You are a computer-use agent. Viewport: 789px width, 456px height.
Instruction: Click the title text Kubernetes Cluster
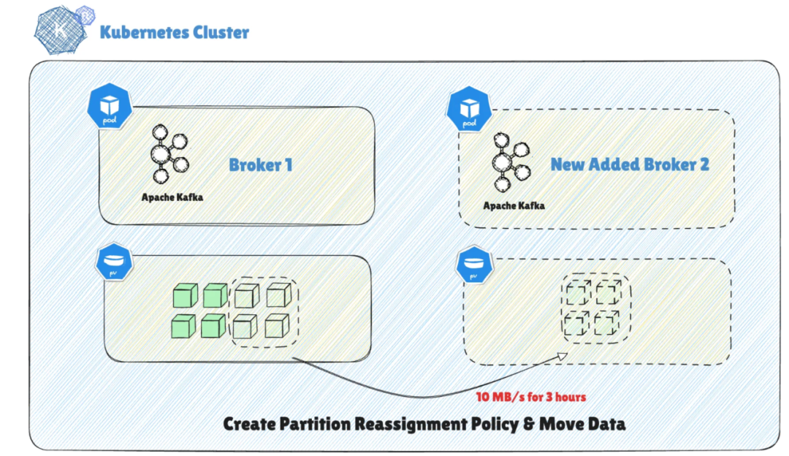point(175,32)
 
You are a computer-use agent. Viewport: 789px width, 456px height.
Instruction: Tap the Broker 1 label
point(261,164)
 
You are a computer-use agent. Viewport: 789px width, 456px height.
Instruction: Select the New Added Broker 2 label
point(630,164)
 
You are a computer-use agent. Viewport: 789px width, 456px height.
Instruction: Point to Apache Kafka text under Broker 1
point(172,197)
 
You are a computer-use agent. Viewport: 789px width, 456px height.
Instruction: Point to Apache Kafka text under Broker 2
point(514,205)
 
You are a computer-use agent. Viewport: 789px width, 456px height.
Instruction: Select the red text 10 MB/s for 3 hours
point(531,397)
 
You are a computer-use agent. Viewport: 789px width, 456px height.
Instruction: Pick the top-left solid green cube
point(183,296)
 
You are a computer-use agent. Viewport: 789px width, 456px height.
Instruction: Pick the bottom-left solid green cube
point(183,326)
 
